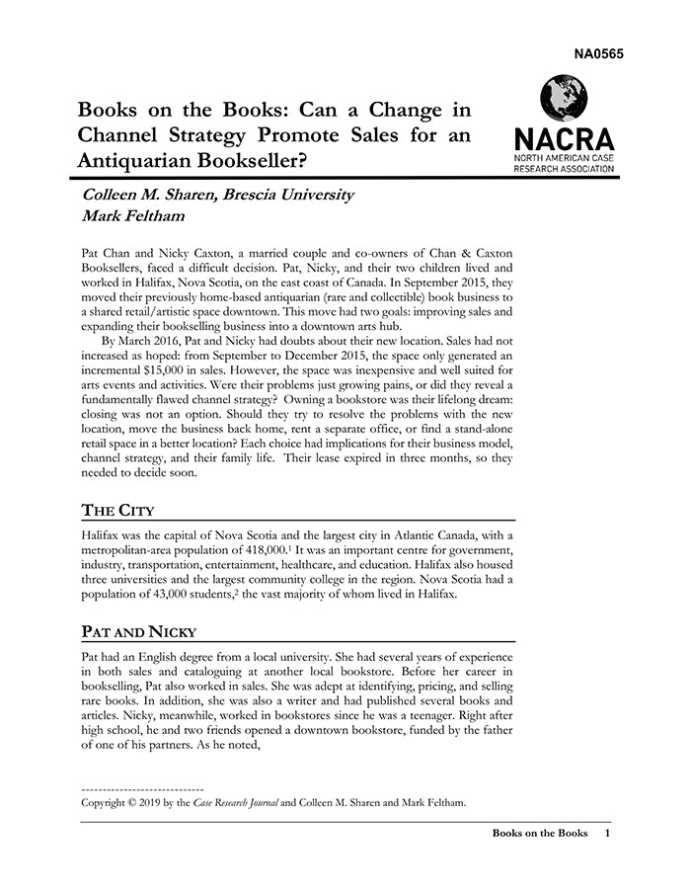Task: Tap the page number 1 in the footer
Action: (x=607, y=834)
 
